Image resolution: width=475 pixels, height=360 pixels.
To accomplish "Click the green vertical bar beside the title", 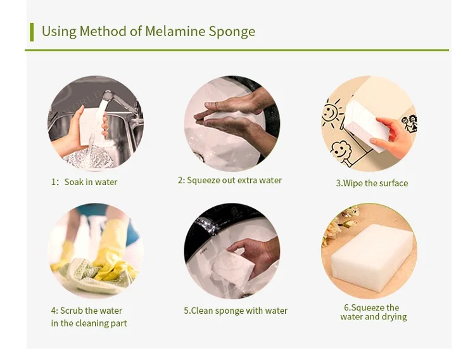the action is coord(32,32).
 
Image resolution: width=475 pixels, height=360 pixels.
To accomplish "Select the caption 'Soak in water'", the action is coord(91,182).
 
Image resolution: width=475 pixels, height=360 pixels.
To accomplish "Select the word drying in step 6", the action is coord(393,317).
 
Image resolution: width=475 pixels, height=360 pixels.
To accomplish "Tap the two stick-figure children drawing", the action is coord(409,123).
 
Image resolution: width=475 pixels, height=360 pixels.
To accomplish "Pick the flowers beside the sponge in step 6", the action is coord(337,224).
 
